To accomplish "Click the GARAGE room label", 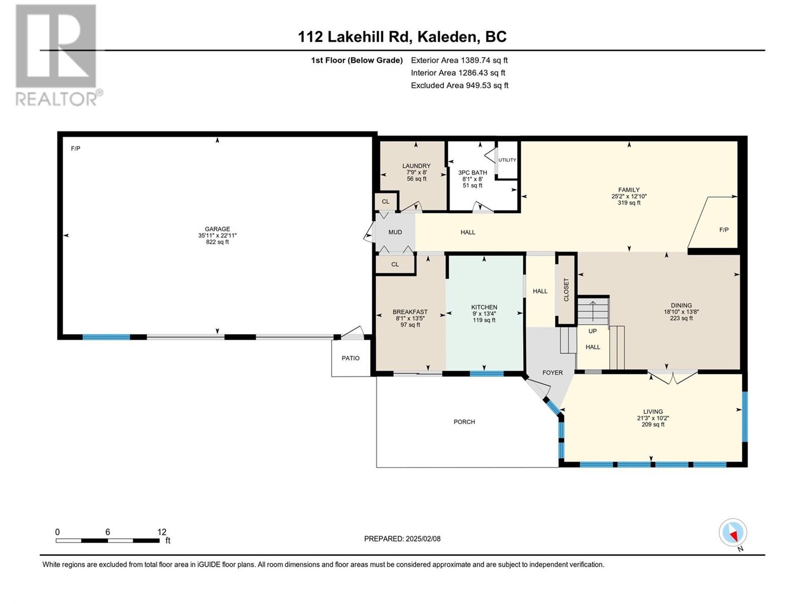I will (217, 229).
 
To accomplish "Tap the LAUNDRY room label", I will (416, 166).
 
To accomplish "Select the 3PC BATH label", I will (472, 173).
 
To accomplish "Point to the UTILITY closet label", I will (507, 160).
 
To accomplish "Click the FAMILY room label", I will (629, 190).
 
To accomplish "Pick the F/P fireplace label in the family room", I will (724, 230).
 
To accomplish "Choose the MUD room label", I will (395, 233).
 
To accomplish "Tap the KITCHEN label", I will (484, 308).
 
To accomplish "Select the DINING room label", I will (681, 306).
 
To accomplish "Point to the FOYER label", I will (552, 373).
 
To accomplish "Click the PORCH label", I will (464, 422).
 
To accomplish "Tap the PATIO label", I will (351, 358).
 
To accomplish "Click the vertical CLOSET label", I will (566, 290).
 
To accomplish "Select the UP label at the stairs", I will (593, 331).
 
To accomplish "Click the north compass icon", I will (733, 533).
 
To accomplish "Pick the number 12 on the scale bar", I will (162, 532).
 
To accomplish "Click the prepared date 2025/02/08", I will (422, 539).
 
